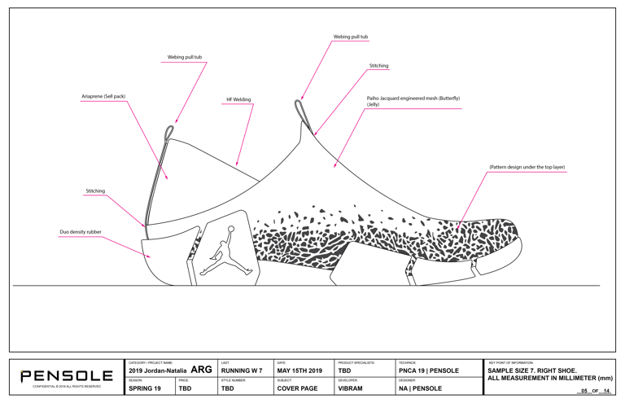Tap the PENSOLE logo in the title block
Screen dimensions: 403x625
(x=67, y=376)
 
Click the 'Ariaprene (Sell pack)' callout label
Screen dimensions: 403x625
(x=103, y=97)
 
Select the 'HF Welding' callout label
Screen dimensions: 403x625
(x=238, y=100)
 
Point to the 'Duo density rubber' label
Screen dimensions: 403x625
(x=81, y=232)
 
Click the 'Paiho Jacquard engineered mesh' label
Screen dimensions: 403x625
(x=413, y=101)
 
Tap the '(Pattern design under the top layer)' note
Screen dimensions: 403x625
(x=527, y=167)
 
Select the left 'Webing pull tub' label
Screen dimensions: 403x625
(x=185, y=58)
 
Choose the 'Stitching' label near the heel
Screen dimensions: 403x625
(x=95, y=191)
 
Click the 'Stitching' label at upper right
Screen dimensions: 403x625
(x=378, y=66)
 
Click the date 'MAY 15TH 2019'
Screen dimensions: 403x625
(x=299, y=371)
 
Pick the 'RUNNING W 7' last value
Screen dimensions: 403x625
(x=242, y=371)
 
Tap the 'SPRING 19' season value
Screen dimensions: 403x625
(x=145, y=389)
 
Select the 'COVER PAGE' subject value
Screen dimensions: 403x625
(x=297, y=389)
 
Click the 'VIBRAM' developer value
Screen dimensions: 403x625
(x=350, y=389)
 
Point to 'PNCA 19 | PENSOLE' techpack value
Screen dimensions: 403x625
(x=429, y=371)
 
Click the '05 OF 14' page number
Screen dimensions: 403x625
(x=595, y=391)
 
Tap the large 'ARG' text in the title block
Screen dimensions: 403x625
(x=201, y=370)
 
